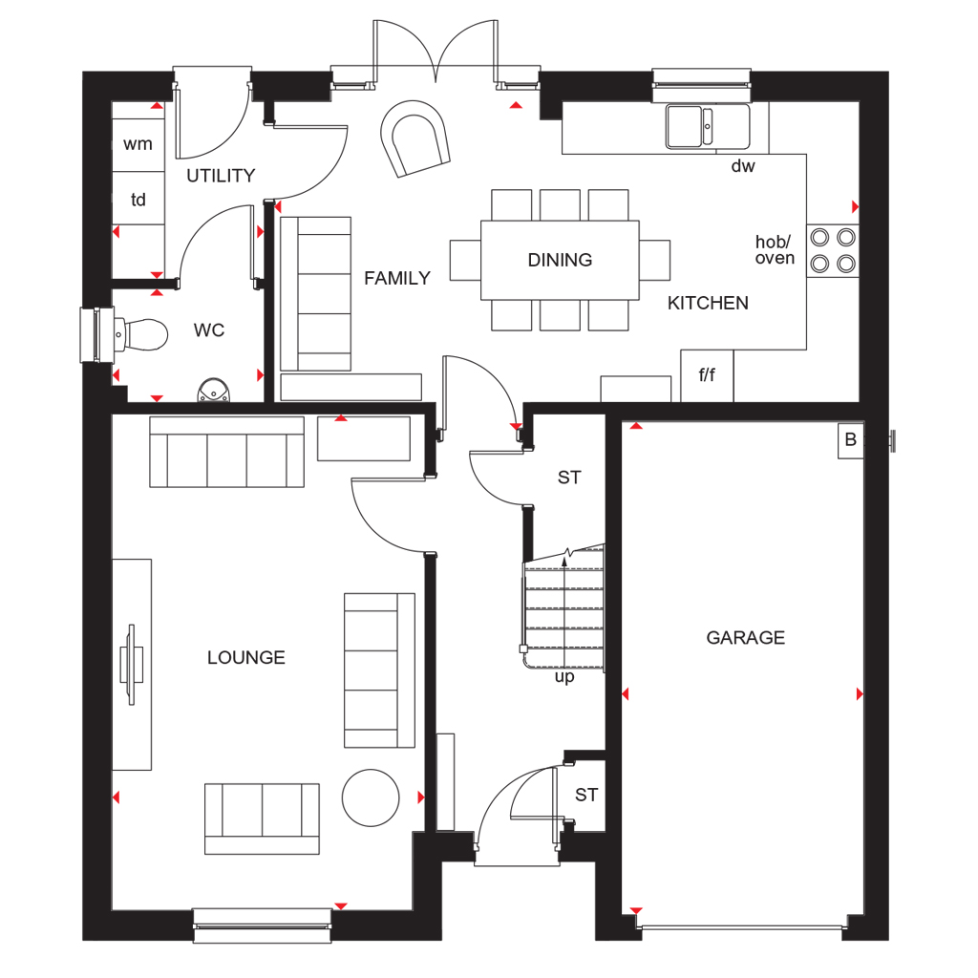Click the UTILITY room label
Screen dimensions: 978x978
221,176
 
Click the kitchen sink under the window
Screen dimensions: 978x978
707,126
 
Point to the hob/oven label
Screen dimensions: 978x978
775,250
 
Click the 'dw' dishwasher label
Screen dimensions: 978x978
742,167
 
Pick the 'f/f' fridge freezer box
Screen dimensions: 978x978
707,375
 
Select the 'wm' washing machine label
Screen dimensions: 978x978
138,144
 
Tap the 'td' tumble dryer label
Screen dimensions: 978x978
138,200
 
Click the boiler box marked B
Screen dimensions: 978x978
850,440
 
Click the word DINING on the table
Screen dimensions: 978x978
560,260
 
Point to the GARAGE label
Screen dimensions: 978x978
745,638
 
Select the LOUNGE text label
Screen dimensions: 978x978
246,658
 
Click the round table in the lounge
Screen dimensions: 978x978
371,797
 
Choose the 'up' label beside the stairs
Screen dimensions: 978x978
564,678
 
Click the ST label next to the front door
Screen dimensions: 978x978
586,796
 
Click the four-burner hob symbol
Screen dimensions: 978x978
832,250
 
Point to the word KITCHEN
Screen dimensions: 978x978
708,304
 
